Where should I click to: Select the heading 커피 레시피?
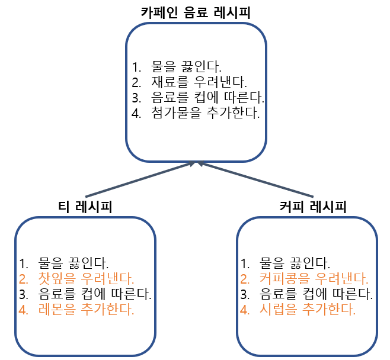tap(312, 207)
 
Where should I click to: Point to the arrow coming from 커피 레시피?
tap(258, 180)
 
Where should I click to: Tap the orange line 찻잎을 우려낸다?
tap(86, 278)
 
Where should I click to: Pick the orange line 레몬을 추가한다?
tap(86, 308)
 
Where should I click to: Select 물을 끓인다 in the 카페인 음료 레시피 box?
tap(187, 66)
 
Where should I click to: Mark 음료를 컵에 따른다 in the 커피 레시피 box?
tap(316, 293)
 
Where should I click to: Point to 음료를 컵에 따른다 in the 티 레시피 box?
tap(94, 293)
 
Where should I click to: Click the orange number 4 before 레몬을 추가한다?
tap(24, 308)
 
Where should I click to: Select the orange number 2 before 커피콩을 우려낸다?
tap(245, 278)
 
